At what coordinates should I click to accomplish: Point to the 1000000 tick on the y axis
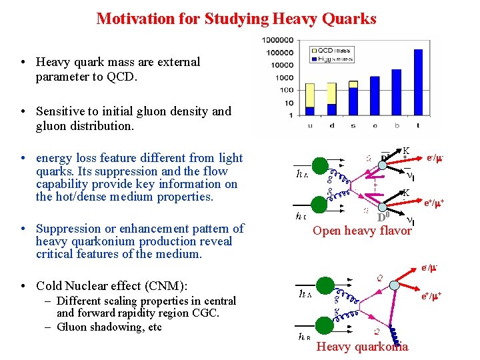(x=278, y=40)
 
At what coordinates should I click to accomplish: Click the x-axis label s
(x=353, y=125)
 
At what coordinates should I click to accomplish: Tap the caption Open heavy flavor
(x=362, y=231)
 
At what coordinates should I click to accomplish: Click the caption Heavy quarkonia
(x=362, y=346)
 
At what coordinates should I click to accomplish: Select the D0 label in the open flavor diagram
(x=382, y=217)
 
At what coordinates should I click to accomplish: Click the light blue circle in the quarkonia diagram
(x=395, y=285)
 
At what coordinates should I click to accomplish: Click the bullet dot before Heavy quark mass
(x=23, y=62)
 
